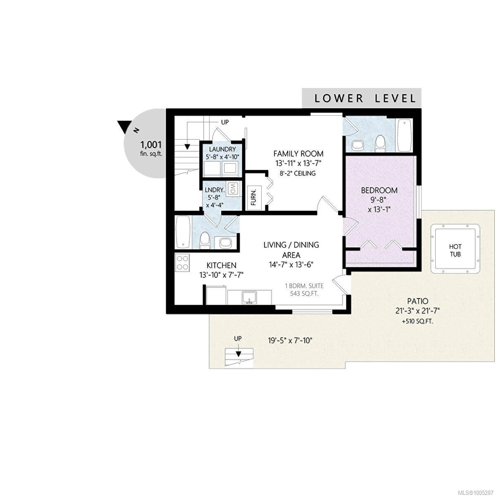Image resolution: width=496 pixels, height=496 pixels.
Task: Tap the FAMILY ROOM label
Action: [x=298, y=154]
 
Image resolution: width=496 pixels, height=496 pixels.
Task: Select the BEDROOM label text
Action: [x=379, y=190]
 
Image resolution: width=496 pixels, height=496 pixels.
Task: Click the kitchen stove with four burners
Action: [x=182, y=262]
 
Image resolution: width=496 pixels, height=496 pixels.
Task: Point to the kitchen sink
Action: [x=249, y=298]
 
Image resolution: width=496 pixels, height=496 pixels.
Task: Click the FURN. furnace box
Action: [x=254, y=197]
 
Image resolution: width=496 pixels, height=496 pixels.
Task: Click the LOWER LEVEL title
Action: [x=365, y=98]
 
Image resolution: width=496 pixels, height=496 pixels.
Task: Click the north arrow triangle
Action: [x=124, y=126]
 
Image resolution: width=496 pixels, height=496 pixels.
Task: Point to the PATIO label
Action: [x=417, y=301]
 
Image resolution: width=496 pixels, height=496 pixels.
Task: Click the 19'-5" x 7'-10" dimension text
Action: [x=290, y=341]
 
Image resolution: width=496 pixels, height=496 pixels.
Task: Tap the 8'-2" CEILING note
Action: [x=298, y=173]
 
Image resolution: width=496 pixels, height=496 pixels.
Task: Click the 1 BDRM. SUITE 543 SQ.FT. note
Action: [x=304, y=290]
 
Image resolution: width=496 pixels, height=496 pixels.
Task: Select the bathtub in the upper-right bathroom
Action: [x=404, y=136]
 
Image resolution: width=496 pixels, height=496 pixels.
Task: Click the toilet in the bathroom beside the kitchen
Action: [x=205, y=240]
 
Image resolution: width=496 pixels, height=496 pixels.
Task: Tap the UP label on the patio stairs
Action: [x=238, y=339]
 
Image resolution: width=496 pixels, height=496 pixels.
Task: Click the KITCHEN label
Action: [x=222, y=265]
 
